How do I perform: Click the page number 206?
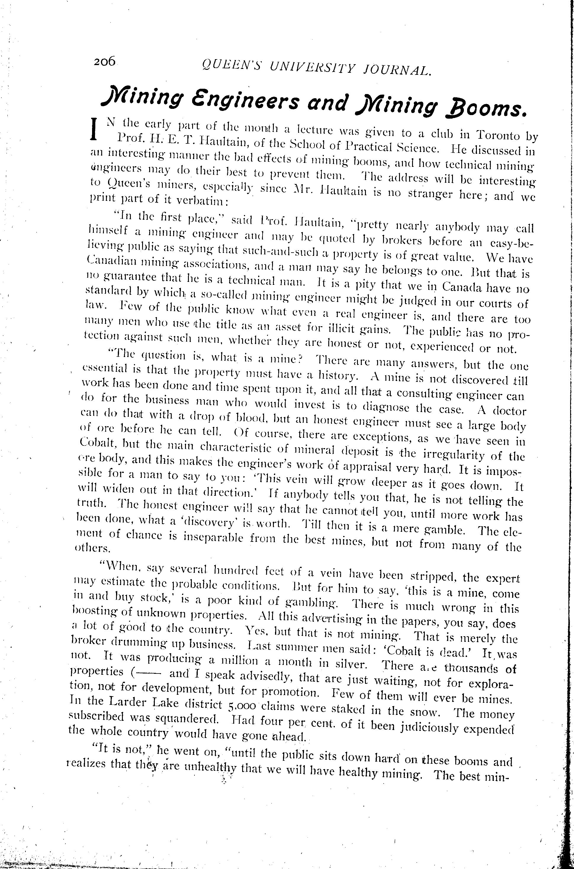[x=104, y=61]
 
